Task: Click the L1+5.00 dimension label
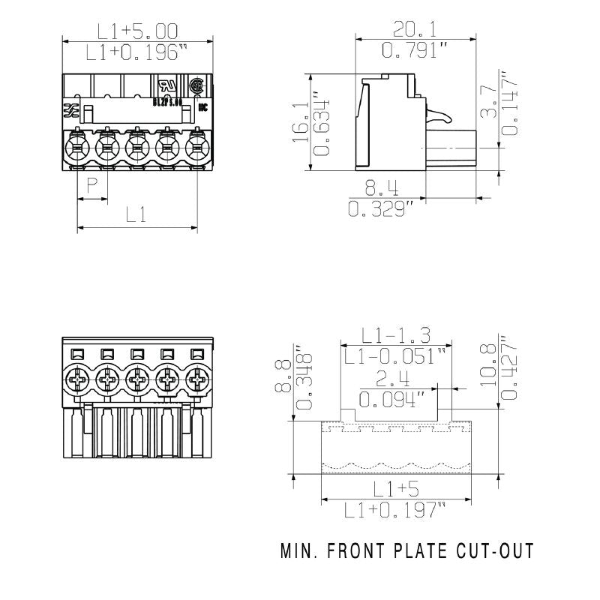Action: tap(138, 31)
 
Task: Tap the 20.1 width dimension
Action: tap(415, 30)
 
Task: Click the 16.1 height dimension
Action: tap(298, 123)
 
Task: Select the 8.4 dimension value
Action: tap(381, 188)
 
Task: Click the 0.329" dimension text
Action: tap(381, 209)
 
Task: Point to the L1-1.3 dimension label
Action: tap(396, 334)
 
